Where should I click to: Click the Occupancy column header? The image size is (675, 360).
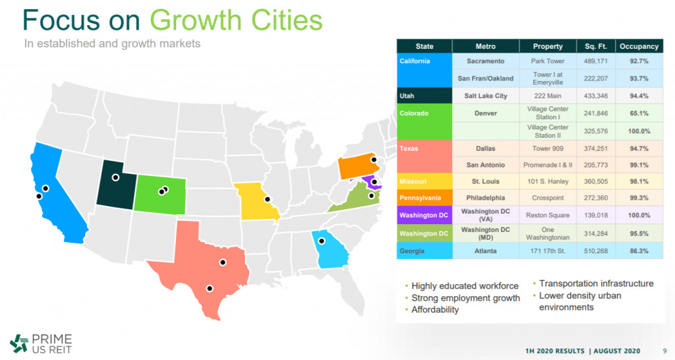coord(639,46)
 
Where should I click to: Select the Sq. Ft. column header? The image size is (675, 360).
coord(596,46)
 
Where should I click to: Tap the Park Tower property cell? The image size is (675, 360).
coord(548,61)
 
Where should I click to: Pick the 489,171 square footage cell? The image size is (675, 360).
coord(596,61)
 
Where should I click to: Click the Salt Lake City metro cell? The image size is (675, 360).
coord(486,96)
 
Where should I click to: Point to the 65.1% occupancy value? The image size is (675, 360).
coord(639,113)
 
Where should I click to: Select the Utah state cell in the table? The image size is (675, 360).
coord(425,96)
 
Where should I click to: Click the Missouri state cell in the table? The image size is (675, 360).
coord(425,181)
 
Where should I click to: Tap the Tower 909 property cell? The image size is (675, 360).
coord(548,148)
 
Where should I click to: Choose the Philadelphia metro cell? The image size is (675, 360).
coord(486,198)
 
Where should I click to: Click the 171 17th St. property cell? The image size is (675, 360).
coord(548,251)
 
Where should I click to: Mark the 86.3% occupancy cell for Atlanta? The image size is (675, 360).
coord(639,251)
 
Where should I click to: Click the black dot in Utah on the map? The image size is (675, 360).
coord(115,177)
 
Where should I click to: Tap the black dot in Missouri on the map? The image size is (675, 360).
coord(268,199)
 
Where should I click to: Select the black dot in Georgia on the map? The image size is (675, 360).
coord(322,241)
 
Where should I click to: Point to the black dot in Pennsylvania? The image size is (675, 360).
coord(374,160)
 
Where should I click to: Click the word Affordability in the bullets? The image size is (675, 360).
coord(435,310)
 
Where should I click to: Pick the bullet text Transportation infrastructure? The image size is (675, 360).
coord(596,284)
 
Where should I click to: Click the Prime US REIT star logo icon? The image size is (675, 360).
coord(19,344)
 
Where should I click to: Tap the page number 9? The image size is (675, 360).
coord(664,351)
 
